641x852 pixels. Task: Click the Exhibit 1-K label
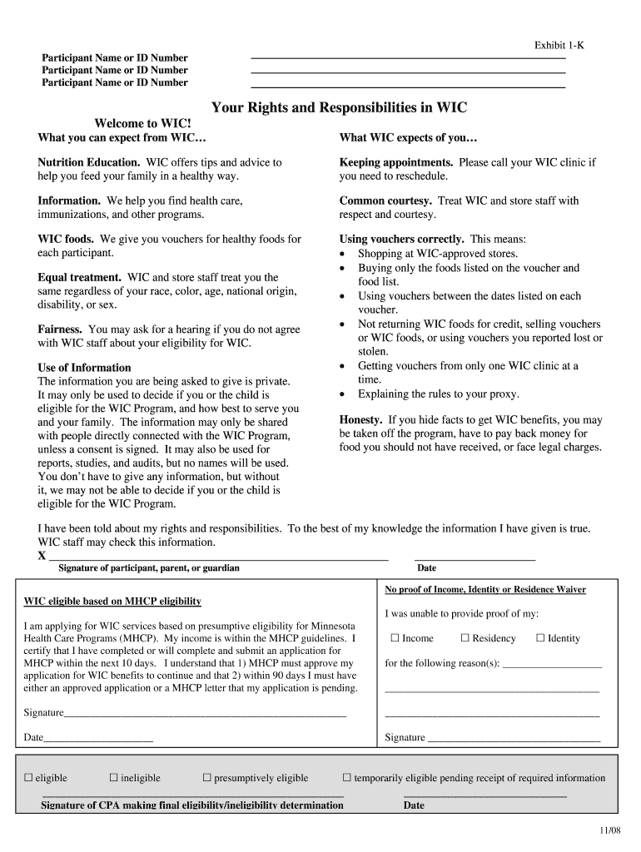559,46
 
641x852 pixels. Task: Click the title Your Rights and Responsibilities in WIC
339,107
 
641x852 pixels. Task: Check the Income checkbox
395,638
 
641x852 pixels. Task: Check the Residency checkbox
465,638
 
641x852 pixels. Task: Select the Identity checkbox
540,638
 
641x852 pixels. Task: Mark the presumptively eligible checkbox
207,778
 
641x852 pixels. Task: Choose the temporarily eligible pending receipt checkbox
347,778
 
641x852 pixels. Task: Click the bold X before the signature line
42,556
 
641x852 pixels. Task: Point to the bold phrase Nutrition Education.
89,162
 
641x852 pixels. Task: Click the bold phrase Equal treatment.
80,277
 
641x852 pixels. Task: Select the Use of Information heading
84,367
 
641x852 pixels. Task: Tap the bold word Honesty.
361,419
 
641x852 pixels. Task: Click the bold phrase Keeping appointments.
396,162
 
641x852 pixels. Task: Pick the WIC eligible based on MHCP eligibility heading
112,601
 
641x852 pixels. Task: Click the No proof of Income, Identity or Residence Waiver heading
485,589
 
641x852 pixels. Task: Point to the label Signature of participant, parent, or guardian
149,568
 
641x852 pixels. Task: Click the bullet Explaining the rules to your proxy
438,394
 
